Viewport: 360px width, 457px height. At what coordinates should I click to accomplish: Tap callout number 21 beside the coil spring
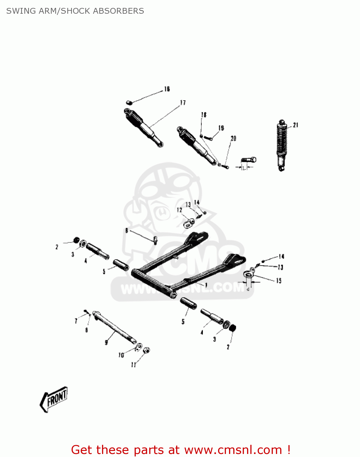[295, 125]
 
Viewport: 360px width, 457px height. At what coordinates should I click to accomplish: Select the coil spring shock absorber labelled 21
[281, 146]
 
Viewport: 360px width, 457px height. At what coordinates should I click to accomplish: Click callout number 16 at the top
[167, 89]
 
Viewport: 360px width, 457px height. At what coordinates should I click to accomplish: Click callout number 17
[183, 103]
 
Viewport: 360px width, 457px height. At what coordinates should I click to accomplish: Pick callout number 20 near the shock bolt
[233, 139]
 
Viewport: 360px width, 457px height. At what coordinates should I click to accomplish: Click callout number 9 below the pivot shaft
[106, 342]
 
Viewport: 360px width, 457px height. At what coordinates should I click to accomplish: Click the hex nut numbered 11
[146, 350]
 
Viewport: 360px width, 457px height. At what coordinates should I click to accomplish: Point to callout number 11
[133, 364]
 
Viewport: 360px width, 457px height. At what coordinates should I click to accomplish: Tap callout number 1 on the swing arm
[206, 285]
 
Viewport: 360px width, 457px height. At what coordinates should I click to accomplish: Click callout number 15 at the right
[279, 281]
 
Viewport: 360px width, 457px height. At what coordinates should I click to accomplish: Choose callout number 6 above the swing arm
[127, 231]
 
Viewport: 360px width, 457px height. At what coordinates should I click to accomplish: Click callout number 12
[179, 210]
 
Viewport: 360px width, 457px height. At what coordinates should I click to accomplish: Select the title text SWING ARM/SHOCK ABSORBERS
[75, 11]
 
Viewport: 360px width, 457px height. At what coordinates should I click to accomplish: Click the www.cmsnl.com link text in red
[233, 450]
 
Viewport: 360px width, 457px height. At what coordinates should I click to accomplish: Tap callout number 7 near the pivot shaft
[76, 321]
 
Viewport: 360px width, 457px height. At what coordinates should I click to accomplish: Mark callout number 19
[221, 128]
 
